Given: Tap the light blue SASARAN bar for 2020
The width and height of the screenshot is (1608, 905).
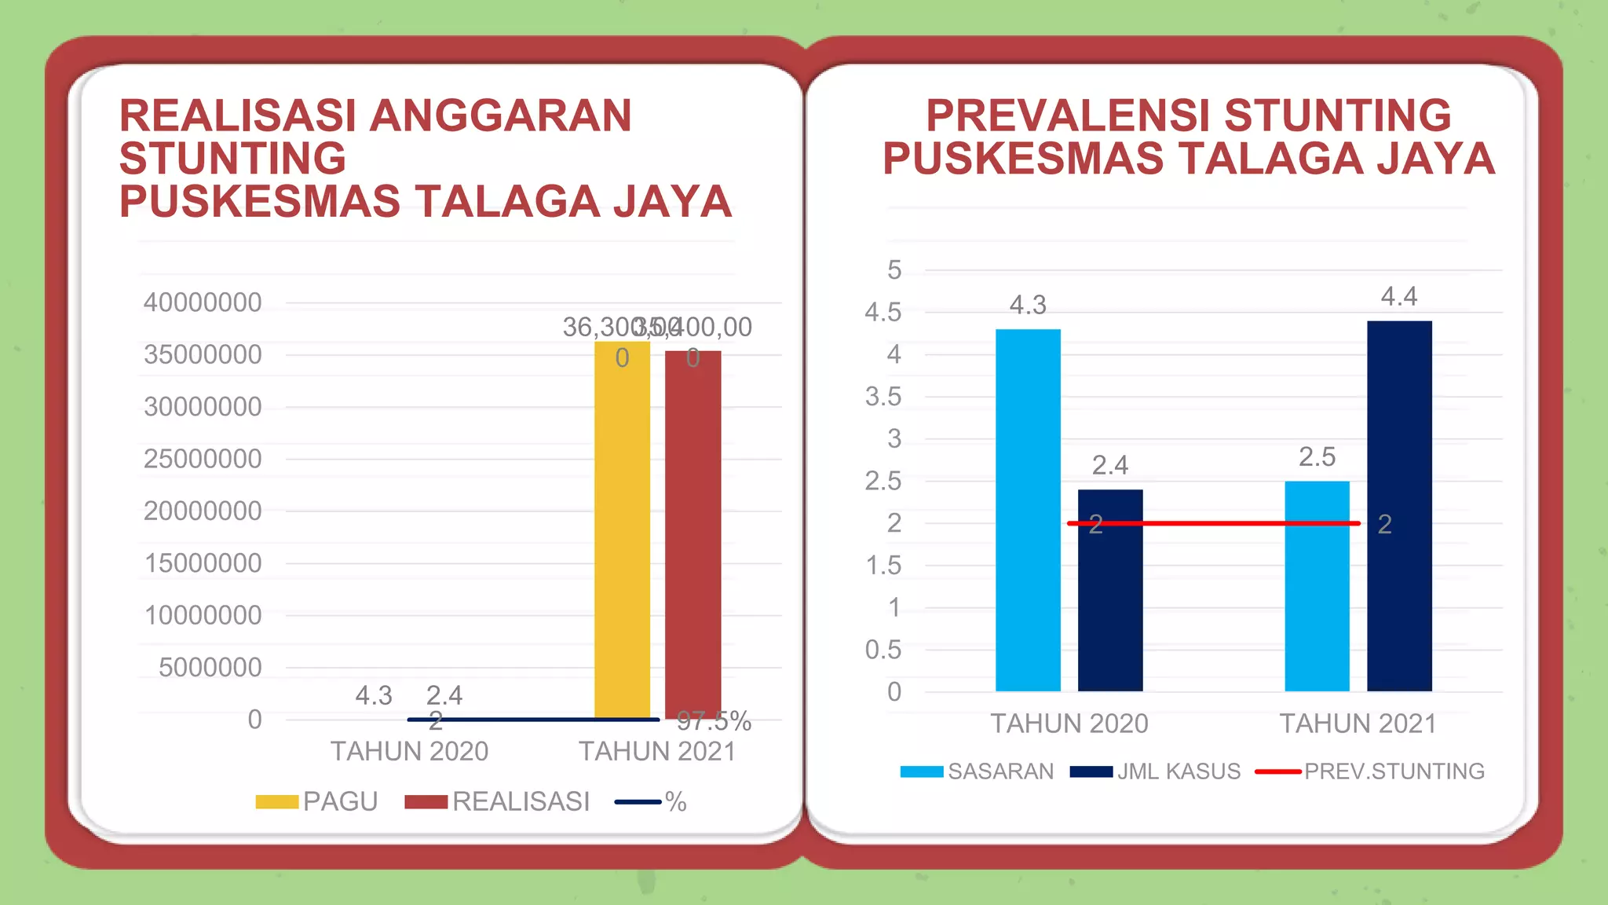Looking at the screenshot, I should click(1028, 511).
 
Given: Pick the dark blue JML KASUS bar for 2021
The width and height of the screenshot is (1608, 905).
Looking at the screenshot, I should click(1399, 507).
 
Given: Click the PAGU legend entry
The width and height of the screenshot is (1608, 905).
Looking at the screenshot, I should click(318, 801).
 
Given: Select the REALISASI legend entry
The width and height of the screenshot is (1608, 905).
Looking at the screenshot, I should click(498, 801).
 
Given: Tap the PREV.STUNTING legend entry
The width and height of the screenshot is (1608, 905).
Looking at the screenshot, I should click(1370, 771).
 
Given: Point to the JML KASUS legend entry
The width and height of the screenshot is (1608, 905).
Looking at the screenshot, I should click(1156, 771).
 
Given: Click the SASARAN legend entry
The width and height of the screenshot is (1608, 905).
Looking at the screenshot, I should click(978, 771).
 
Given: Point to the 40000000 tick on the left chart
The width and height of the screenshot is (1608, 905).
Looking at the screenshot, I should click(203, 302).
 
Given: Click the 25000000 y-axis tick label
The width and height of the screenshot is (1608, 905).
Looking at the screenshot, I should click(203, 459).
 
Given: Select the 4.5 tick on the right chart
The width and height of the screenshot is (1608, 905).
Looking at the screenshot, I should click(883, 313).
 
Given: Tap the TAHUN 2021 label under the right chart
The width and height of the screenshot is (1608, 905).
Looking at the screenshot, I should click(1358, 724).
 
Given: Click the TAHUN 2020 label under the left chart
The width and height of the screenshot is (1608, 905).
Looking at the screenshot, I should click(409, 752).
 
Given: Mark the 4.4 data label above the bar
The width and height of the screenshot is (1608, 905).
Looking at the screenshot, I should click(1399, 297).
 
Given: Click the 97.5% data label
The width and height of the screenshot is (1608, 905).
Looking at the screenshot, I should click(714, 721).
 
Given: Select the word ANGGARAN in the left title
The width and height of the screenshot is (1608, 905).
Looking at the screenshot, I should click(500, 115).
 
